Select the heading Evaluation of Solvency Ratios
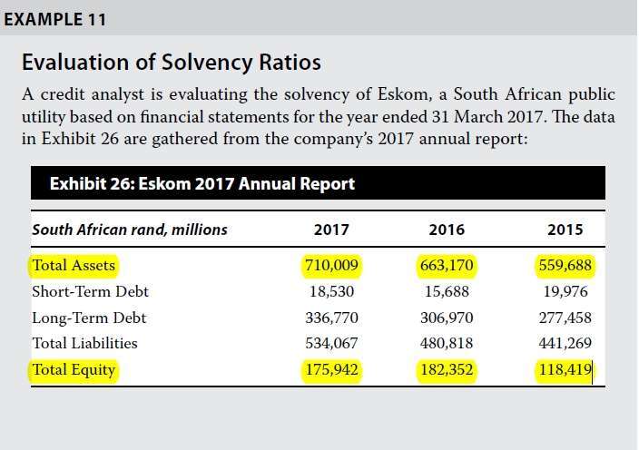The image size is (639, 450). [x=171, y=63]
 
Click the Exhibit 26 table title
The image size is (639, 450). [x=202, y=184]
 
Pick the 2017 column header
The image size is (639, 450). [x=331, y=230]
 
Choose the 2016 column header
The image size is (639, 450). [x=447, y=230]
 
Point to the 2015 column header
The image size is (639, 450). [x=565, y=230]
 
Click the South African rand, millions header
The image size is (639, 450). [x=130, y=230]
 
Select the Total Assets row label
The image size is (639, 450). [x=74, y=266]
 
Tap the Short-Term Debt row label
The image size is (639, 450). [x=90, y=292]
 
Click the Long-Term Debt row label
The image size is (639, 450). [x=89, y=318]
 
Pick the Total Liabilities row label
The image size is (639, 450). [x=84, y=344]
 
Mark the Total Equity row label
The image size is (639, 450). [x=74, y=370]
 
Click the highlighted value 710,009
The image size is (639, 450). [x=332, y=266]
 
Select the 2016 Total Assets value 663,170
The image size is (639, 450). [x=447, y=266]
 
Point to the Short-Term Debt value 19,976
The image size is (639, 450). [x=564, y=292]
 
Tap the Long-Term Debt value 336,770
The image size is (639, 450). [x=332, y=318]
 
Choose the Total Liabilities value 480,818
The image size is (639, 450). [x=447, y=344]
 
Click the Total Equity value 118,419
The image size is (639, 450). [x=564, y=370]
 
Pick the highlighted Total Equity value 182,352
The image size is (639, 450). [x=447, y=370]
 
